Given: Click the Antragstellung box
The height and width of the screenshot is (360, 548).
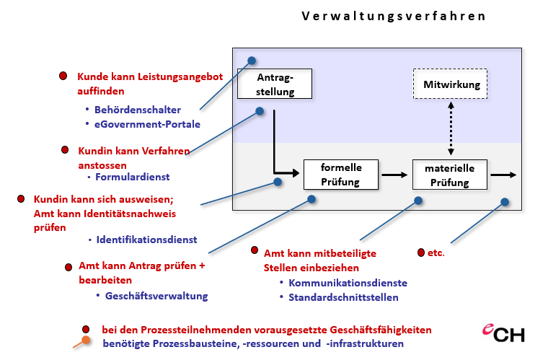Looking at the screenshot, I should coord(275,84).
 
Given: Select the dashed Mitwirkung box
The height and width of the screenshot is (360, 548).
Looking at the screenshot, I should coord(451,84).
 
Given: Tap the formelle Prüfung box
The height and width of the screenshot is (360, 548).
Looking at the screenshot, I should coord(340,174).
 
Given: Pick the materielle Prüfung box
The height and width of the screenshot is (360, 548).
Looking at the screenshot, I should coord(450,175).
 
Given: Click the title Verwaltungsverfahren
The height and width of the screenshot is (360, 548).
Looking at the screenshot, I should coord(394,16).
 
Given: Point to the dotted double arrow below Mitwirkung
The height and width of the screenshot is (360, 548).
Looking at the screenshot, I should coord(451,127).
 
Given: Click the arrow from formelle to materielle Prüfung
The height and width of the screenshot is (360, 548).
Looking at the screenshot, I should coord(394,175).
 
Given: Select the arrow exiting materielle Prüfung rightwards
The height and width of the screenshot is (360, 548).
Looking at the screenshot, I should coord(503,175).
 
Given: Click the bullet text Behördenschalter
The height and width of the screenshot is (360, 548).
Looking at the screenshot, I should coord(138,110).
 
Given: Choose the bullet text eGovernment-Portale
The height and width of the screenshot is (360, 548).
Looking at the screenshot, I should coord(147,124).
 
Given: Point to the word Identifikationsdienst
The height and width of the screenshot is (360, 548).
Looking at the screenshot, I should coord(146,239).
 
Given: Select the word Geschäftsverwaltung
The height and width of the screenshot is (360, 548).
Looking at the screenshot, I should coord(156,296).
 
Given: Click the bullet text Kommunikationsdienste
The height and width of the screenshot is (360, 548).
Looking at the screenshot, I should coord(348,283).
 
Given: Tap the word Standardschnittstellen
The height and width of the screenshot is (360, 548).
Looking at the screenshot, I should coord(343,297).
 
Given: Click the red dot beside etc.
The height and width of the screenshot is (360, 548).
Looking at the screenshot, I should coord(421,253).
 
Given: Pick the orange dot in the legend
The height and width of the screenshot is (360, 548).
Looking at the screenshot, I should coord(87,341).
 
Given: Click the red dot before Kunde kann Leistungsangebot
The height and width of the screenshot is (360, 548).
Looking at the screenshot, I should coord(63,76).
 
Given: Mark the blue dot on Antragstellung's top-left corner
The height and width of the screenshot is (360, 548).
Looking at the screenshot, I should coord(252,61).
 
